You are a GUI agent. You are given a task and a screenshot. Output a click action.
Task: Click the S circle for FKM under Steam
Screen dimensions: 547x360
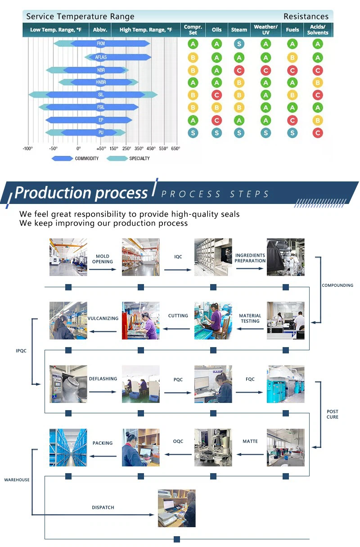tap(239, 44)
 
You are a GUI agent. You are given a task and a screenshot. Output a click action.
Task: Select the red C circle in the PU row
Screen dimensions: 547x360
tap(318, 133)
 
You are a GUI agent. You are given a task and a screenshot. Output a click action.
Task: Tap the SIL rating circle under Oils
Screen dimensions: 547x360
tap(217, 95)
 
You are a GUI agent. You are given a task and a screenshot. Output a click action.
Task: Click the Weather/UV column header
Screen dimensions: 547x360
tap(265, 30)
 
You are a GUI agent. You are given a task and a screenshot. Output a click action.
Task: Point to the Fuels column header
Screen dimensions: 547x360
tap(292, 30)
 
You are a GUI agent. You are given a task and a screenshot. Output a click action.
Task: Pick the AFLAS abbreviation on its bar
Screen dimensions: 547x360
tap(101, 57)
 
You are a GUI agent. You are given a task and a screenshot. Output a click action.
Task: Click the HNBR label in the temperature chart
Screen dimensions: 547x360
tap(101, 82)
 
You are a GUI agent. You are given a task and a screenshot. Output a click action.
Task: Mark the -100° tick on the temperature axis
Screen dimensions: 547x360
tap(28, 149)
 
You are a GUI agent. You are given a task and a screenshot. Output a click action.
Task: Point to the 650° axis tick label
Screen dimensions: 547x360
tap(175, 149)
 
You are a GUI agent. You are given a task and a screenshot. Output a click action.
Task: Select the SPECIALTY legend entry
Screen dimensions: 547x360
tap(139, 158)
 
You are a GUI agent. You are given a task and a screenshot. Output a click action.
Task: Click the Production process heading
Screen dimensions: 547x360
tap(81, 193)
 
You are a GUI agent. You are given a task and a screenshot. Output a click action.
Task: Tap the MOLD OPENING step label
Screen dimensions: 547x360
tap(102, 259)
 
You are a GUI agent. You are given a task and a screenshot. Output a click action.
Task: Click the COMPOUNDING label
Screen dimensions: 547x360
tap(337, 285)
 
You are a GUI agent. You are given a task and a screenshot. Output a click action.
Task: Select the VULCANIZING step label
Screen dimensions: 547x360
tap(103, 318)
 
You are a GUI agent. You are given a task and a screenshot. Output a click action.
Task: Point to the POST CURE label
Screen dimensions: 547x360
tap(333, 414)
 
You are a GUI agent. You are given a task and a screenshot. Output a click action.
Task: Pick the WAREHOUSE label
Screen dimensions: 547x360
tap(17, 480)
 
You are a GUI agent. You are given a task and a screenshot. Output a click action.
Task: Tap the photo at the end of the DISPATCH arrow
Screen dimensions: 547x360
tap(177, 508)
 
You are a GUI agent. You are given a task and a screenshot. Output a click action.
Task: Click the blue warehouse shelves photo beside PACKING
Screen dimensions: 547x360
tap(68, 448)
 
